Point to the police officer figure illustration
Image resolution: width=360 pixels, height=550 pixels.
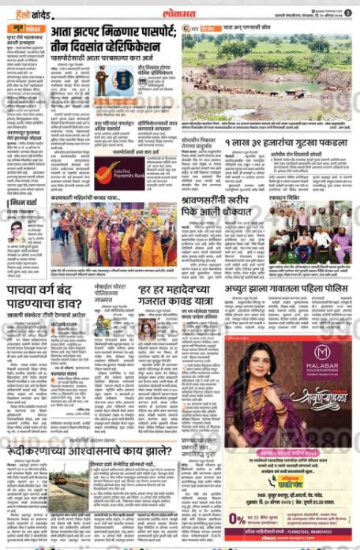[x=101, y=80]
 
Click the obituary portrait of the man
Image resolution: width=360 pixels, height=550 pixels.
[x=16, y=233]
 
